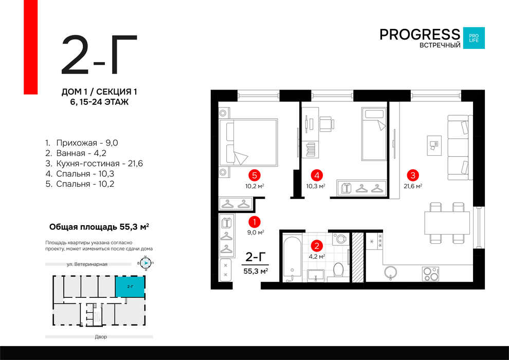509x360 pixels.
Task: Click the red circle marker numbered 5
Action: point(254,175)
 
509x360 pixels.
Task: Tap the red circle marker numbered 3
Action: point(412,175)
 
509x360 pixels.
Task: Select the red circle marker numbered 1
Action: point(254,222)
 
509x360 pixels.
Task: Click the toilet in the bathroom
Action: point(338,271)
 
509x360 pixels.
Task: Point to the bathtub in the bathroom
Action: point(292,259)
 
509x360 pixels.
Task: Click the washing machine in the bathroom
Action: point(340,239)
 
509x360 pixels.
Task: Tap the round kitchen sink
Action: point(391,272)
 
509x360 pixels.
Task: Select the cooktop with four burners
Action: point(430,274)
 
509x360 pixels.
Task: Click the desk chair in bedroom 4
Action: point(326,124)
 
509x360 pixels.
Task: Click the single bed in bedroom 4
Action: point(374,134)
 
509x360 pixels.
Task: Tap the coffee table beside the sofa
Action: point(434,145)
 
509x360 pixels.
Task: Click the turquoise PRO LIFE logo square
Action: point(474,38)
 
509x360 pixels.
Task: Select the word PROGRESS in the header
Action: point(420,34)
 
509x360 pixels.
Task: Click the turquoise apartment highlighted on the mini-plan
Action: point(130,286)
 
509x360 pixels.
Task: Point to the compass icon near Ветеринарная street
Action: point(146,263)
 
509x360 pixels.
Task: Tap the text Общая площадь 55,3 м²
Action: point(99,227)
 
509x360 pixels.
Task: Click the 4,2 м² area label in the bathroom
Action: point(317,257)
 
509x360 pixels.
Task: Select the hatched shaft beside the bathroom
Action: point(358,257)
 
